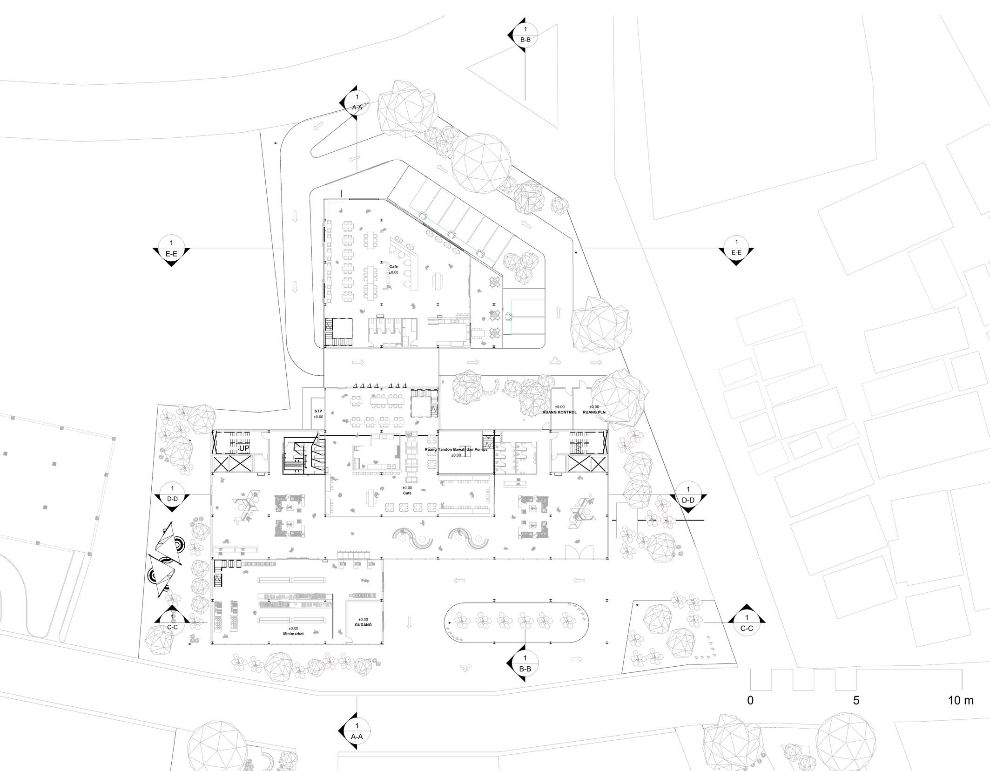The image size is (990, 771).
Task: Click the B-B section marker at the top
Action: click(x=525, y=34)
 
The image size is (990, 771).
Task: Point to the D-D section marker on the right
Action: click(x=688, y=495)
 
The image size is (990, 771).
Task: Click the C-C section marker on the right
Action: click(x=747, y=623)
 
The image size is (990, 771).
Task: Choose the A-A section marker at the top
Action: click(x=357, y=102)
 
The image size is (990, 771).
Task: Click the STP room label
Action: click(x=318, y=412)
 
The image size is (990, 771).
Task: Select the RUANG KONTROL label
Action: click(x=559, y=412)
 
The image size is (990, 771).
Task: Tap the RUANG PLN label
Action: click(x=594, y=412)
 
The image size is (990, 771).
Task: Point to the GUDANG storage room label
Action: click(x=363, y=625)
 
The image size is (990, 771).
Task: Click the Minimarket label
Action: click(x=293, y=634)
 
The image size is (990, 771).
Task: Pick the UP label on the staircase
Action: click(x=244, y=448)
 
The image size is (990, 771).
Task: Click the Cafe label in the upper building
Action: click(x=393, y=267)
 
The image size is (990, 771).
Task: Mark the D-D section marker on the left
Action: click(x=172, y=495)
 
